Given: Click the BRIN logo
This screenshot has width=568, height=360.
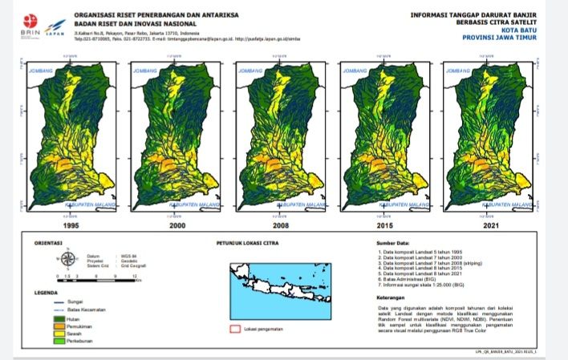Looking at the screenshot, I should pos(28,22).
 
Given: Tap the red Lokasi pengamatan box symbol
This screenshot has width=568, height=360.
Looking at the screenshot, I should pos(236,328).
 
